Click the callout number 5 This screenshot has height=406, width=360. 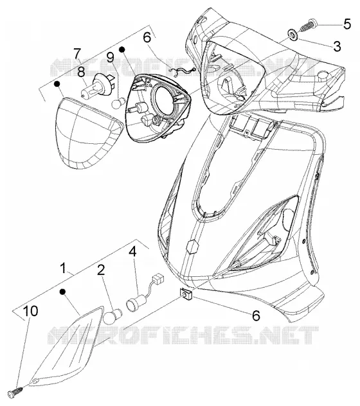coord(347,24)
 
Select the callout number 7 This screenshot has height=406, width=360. coord(77,53)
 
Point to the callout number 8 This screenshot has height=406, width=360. coord(82,72)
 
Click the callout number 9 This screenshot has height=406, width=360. coord(110,57)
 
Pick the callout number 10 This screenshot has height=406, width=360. coord(31,311)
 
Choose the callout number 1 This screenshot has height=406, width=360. coord(63,268)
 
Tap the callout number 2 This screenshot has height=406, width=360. coord(101,270)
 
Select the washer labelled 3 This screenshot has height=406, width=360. coord(293,35)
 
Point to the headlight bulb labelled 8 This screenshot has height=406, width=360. coord(97,84)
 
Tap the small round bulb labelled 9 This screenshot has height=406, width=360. coord(118,102)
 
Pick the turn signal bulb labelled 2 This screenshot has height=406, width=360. coord(112,315)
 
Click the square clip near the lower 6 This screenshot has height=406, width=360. coord(184,294)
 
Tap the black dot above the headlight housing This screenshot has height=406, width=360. coord(122,49)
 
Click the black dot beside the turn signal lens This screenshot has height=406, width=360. coord(62,291)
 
